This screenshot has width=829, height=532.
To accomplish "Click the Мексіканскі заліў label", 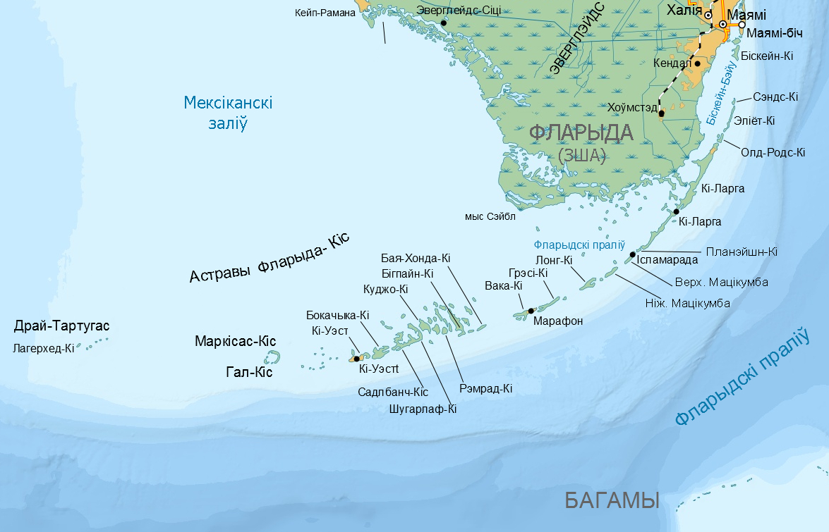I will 228,113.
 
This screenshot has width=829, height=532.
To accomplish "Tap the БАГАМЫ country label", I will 612,500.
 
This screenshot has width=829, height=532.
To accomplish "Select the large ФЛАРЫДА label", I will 581,132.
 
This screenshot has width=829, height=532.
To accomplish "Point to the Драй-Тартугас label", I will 62,326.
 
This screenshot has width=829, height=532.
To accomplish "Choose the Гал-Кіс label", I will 249,372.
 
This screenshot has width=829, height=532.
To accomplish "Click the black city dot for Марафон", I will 531,311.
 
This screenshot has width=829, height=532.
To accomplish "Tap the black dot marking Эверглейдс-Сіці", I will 444,23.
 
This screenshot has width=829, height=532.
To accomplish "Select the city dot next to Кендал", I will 698,63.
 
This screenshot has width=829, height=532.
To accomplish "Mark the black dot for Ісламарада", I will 632,254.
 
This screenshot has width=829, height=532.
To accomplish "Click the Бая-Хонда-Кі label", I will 416,258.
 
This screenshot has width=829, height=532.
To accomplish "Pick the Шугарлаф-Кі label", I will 423,408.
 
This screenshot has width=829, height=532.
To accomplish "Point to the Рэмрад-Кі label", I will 485,388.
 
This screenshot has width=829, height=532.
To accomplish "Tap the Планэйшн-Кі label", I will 742,252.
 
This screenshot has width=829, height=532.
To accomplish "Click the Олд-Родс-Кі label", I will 773,152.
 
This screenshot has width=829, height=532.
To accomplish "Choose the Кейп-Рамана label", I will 325,12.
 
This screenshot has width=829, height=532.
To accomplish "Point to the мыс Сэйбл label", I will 490,216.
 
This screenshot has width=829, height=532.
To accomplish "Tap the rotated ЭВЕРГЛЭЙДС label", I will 577,39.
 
